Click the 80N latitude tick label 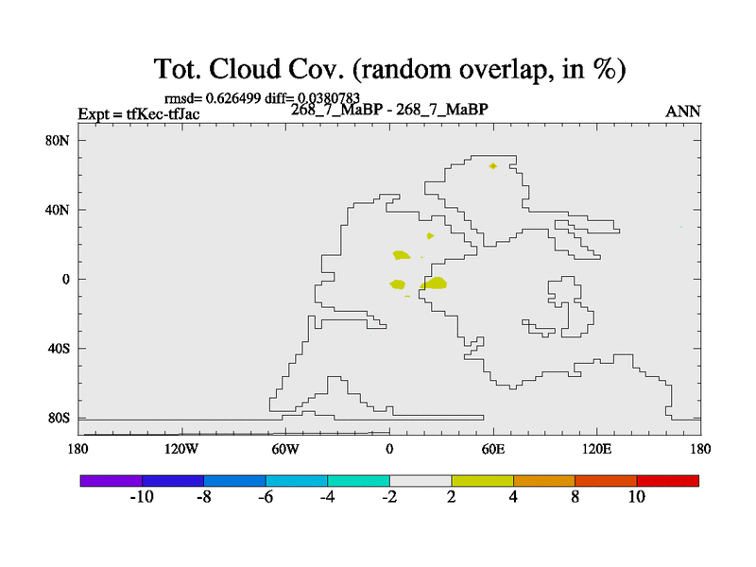coord(58,141)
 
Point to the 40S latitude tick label coord(59,349)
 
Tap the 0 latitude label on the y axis coord(65,280)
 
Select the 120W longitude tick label coord(181,450)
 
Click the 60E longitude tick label coord(493,450)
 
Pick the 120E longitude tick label coord(597,450)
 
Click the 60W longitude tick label coord(285,450)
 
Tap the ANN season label coord(682,112)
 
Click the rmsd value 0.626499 coord(233,98)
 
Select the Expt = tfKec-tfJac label coord(139,114)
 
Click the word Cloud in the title coord(245,68)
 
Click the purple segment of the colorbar coord(112,481)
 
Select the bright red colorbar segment coord(668,481)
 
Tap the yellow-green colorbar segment coord(482,481)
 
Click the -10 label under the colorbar coord(142,497)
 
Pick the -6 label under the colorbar coord(266,497)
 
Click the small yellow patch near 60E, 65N coord(492,166)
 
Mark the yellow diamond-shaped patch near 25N coord(430,235)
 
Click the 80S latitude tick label coord(59,418)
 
